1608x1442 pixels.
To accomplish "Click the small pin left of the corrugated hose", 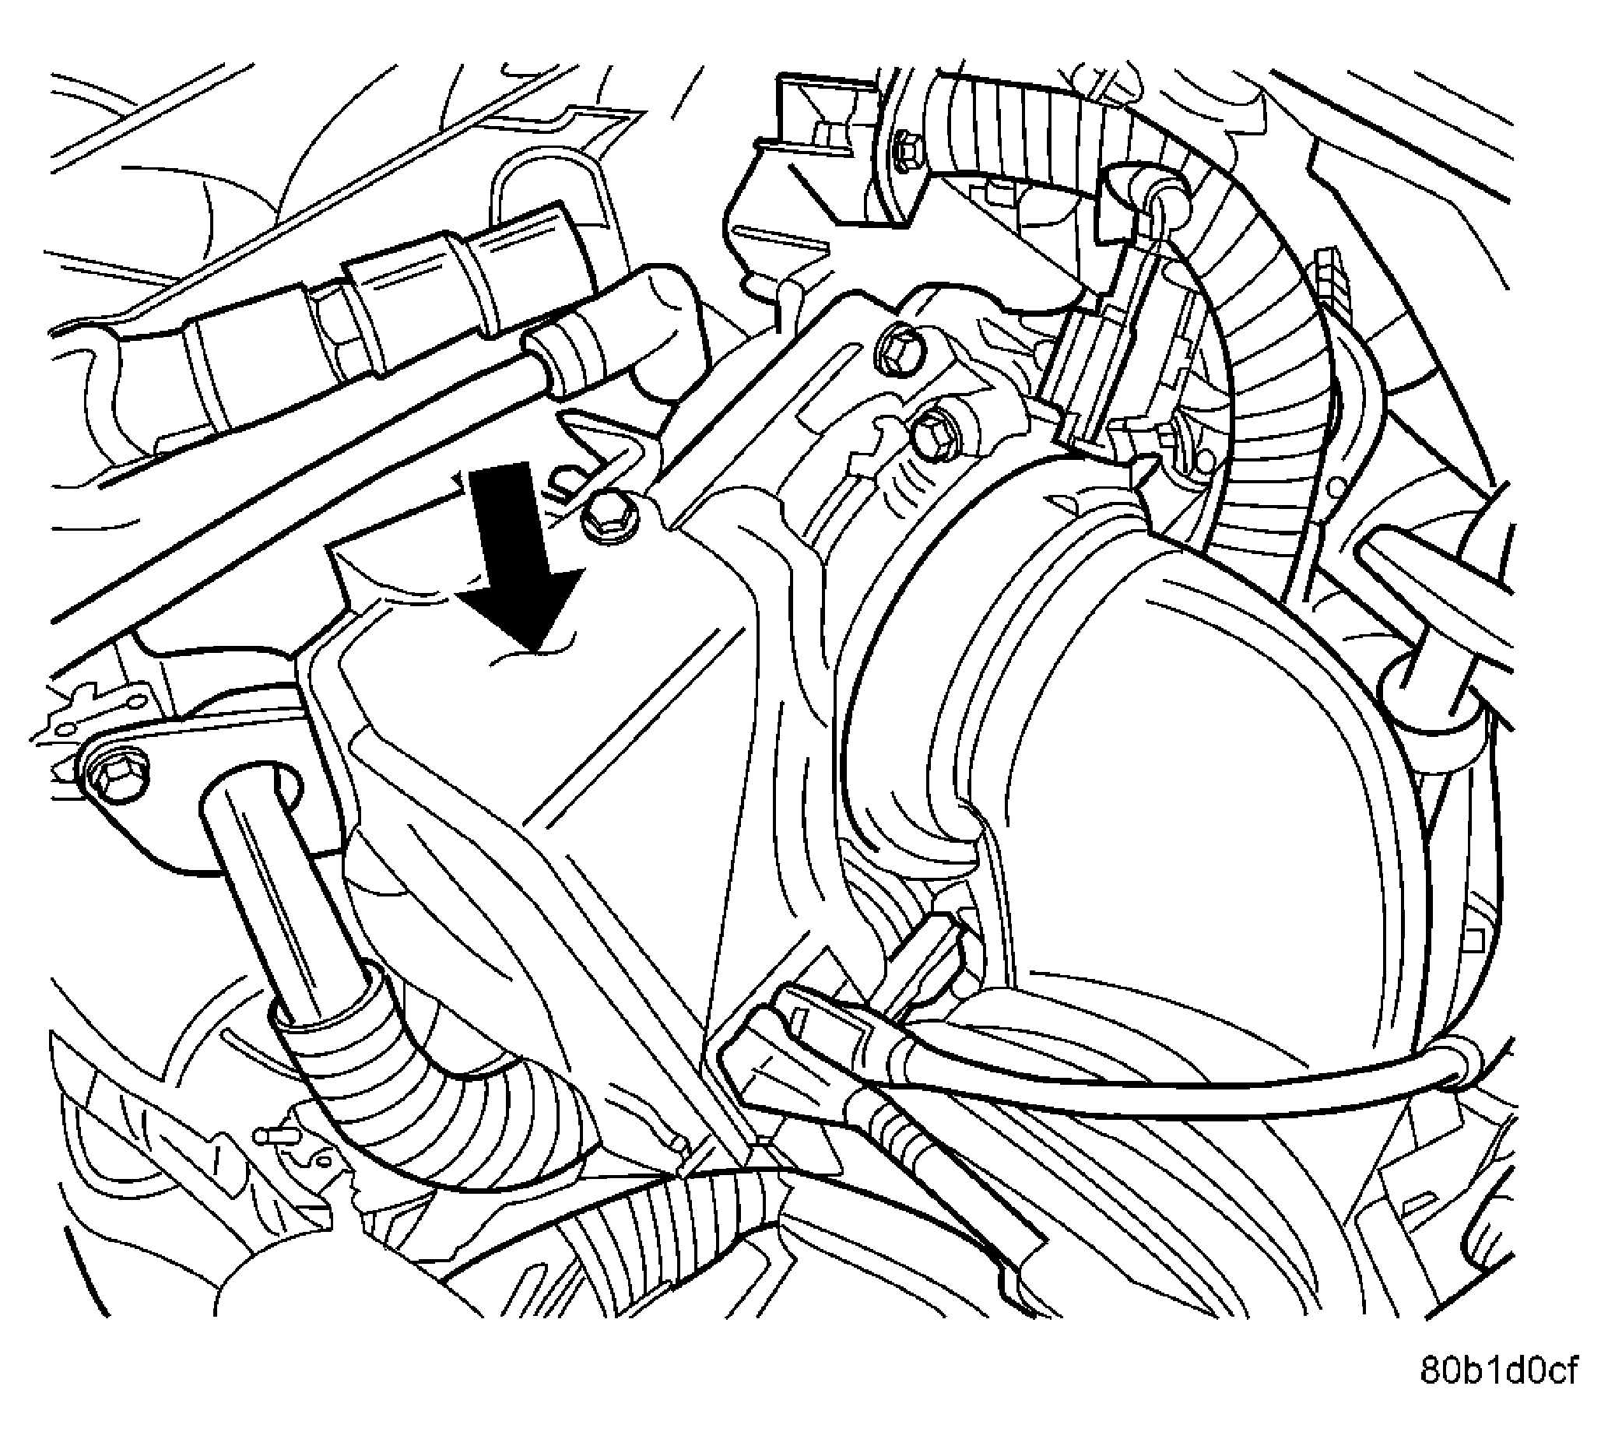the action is click(273, 1135).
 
